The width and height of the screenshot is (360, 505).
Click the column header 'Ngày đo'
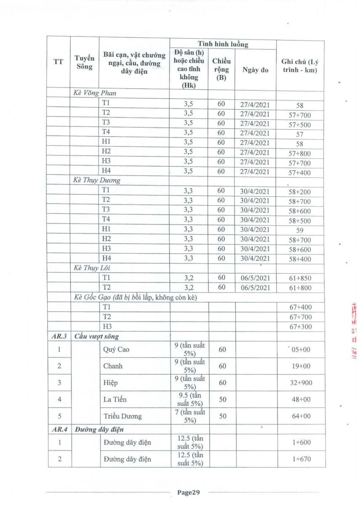tap(255, 70)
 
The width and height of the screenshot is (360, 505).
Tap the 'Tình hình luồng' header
tap(223, 44)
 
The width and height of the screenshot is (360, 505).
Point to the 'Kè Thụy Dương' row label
tap(97, 181)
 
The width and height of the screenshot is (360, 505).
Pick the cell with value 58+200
tap(299, 192)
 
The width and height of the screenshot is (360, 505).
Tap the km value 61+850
tap(299, 278)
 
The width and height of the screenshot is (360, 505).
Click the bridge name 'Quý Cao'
tap(115, 349)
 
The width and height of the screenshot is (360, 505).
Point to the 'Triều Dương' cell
tap(123, 416)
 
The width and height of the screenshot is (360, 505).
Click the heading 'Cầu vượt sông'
tap(96, 336)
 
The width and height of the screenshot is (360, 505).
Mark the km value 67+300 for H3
tap(299, 327)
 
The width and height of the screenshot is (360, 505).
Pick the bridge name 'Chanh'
tap(113, 366)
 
